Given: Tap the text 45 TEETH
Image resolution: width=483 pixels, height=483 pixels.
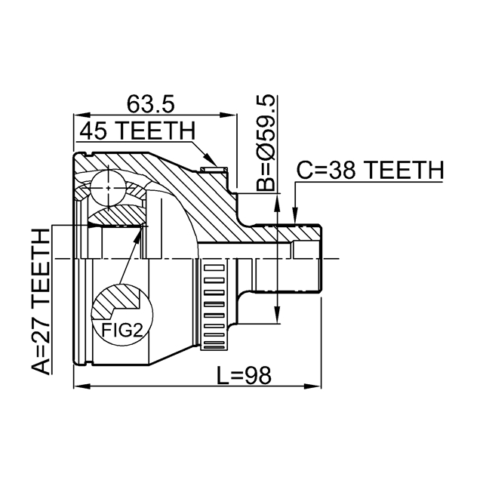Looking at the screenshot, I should pos(137,131).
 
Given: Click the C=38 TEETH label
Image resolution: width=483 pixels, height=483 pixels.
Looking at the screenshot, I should pos(368,171).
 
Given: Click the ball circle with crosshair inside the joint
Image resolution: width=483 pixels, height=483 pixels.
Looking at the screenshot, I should pos(109,186).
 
